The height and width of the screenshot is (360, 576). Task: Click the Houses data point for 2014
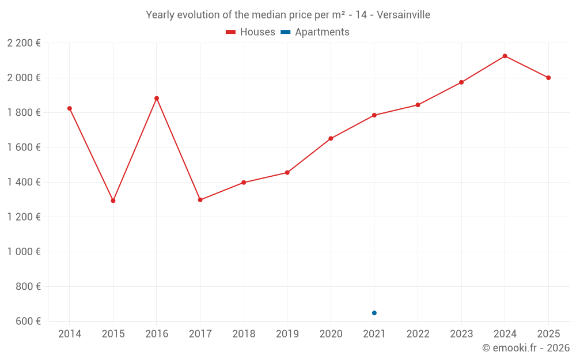coord(70,108)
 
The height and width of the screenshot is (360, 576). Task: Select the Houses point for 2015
coord(113,201)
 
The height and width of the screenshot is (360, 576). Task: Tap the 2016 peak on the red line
coord(157,98)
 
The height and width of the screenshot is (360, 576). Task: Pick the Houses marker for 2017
coord(200,200)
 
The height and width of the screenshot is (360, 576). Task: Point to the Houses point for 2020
coord(331,138)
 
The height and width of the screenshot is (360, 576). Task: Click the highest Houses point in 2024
coord(505,56)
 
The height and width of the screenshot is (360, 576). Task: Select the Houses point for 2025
coord(548,78)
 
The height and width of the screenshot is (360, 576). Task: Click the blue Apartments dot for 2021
coord(374,313)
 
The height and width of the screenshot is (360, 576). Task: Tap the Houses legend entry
coord(251,32)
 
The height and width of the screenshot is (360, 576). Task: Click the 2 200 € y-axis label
coord(24,43)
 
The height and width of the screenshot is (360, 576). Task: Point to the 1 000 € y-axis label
coord(24,252)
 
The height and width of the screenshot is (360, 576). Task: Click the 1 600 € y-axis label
coord(24,147)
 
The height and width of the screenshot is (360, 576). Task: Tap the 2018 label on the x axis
coord(244,334)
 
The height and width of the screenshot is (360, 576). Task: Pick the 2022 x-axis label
coord(418,334)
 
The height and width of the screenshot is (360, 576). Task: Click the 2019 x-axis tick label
coord(287,334)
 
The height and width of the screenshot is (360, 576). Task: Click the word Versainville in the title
coord(403,15)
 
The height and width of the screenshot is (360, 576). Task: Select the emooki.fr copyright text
coord(526,348)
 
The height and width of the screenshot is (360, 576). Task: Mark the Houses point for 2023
coord(461,82)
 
